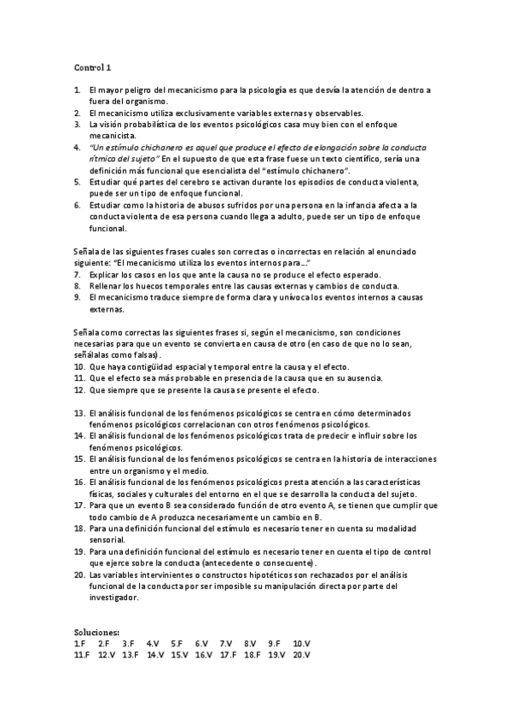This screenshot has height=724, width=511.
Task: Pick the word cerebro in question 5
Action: click(195, 183)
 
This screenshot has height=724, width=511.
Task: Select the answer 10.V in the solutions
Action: click(302, 643)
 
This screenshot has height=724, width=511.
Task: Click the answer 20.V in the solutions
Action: click(302, 654)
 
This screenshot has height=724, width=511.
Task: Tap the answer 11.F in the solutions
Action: click(82, 654)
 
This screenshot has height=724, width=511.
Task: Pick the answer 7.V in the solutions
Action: click(225, 643)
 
